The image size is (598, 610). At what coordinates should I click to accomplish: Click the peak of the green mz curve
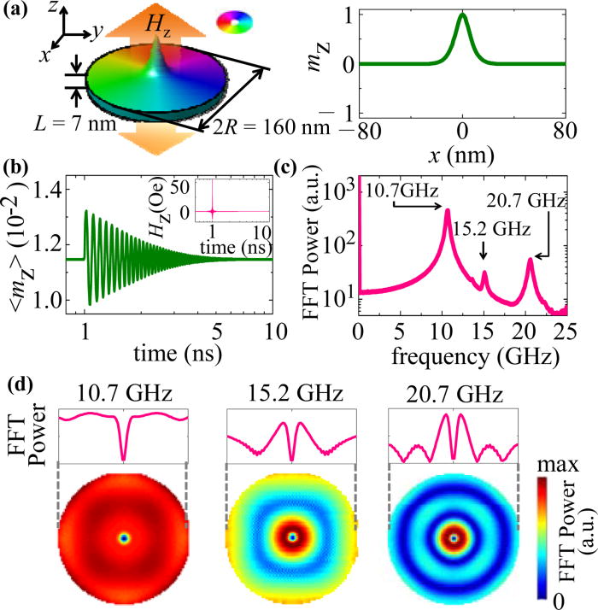coord(462,15)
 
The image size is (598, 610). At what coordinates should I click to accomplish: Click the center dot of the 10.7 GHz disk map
coord(124,538)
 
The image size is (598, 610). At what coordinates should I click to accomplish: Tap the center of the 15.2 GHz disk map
coord(292,537)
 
